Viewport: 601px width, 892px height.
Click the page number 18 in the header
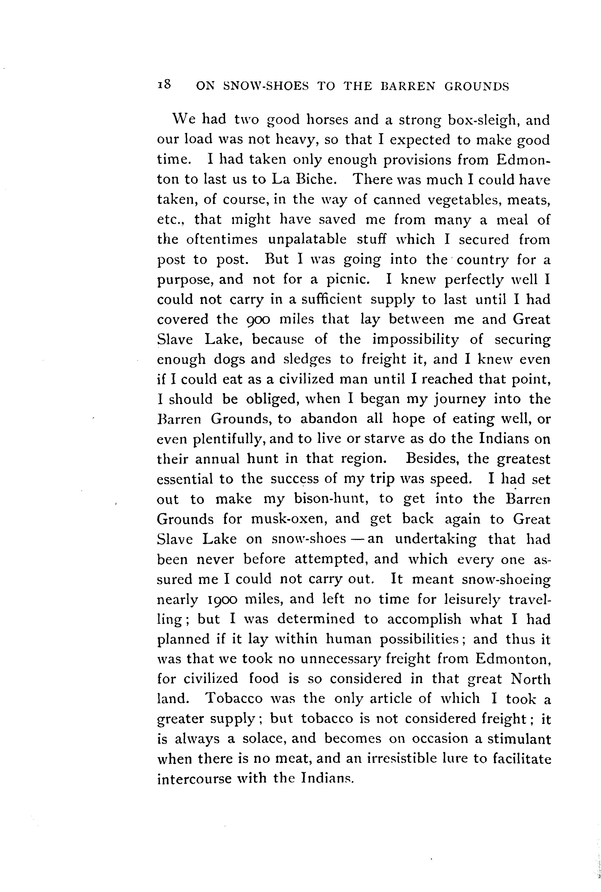click(x=164, y=85)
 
